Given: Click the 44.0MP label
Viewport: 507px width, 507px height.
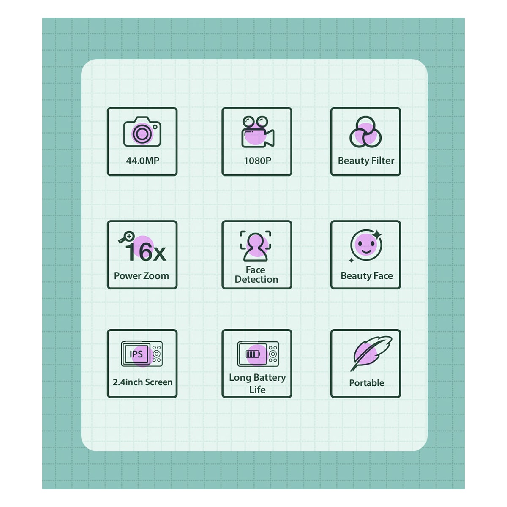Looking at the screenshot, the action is [143, 161].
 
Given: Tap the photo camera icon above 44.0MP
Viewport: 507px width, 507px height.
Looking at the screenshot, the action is [142, 131].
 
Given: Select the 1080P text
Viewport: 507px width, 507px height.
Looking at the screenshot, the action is [257, 161].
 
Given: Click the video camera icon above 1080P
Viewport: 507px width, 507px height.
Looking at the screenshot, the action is [258, 131].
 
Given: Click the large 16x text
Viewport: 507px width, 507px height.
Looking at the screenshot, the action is [146, 252].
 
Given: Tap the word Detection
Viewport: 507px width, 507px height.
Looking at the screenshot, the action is [256, 279].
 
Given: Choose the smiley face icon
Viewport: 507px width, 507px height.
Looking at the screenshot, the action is [366, 245].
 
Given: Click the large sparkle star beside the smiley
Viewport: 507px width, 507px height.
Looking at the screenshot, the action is [377, 234].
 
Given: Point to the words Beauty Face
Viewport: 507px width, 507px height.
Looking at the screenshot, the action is [366, 276].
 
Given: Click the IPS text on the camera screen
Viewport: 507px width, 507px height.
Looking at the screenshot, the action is [136, 354].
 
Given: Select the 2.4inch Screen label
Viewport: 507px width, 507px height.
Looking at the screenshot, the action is [143, 382].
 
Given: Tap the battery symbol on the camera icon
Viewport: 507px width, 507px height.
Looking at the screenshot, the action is [253, 354].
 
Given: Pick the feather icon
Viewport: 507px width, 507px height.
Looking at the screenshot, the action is [371, 353].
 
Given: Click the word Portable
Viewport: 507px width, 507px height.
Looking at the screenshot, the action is [366, 383].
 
